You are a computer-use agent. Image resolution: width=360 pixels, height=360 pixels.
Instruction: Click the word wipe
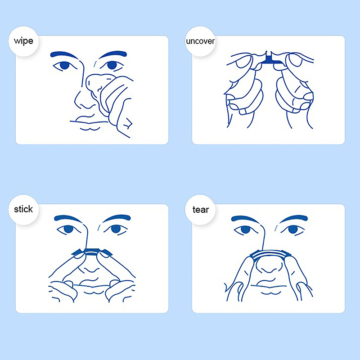pos(23,41)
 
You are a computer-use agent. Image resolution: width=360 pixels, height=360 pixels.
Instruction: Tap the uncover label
pos(200,41)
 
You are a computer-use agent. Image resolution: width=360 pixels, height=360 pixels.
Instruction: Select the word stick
pos(23,209)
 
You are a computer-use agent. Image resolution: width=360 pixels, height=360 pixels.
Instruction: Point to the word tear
pos(200,210)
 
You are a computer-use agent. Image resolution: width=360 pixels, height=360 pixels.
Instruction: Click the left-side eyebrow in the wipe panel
pos(64,54)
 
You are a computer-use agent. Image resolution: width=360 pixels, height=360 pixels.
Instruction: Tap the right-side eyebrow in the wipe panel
pos(113,54)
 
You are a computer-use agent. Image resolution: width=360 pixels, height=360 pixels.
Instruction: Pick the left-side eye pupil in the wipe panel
pos(65,65)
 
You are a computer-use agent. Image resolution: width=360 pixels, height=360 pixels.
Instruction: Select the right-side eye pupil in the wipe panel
pos(112,65)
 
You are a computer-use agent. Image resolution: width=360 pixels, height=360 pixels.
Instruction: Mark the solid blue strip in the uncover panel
pos(270,60)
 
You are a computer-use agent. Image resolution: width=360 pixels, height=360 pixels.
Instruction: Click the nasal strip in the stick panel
pos(92,252)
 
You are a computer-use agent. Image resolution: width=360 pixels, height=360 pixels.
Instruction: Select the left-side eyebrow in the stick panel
pos(68,218)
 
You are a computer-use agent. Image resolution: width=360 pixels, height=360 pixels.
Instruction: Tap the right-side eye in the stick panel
pos(116,229)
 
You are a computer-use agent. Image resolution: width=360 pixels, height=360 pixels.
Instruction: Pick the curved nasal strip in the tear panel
pos(270,254)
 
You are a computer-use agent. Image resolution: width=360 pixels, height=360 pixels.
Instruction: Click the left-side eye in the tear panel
pos(245,229)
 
